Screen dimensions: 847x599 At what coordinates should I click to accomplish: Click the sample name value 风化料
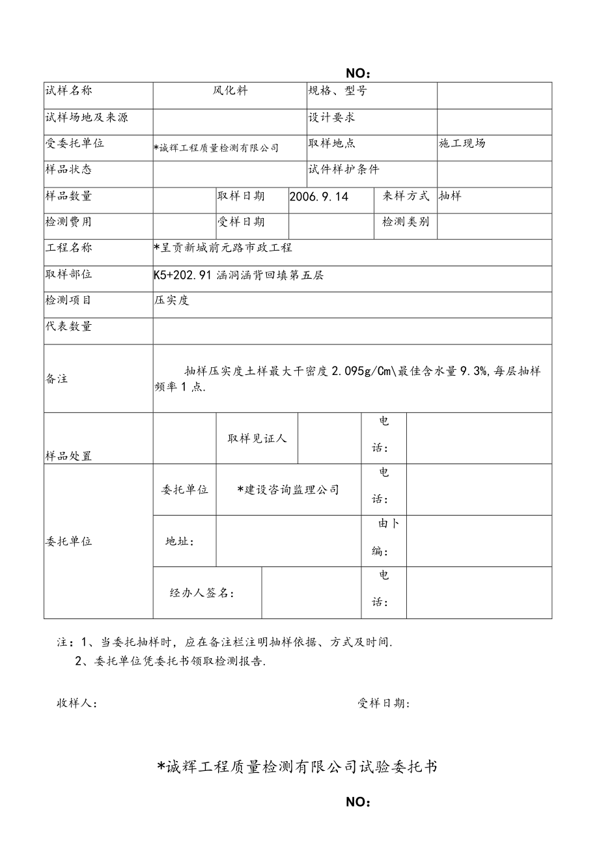coord(230,91)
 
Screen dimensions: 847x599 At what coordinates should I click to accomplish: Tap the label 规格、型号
coord(338,91)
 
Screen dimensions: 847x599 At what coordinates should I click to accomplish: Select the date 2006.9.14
coord(319,196)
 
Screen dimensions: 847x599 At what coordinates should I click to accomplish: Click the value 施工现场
coord(462,143)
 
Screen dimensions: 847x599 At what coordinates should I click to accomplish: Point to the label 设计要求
coord(332,117)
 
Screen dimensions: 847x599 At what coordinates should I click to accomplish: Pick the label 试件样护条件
coord(343,169)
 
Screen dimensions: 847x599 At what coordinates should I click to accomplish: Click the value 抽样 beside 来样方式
coord(450,196)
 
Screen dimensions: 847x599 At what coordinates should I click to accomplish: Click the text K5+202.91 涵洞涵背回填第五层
coord(238,275)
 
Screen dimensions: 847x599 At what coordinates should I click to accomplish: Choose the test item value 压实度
coord(171,300)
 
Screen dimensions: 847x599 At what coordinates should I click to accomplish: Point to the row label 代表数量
coord(68,327)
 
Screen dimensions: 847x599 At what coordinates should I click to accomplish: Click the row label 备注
coord(57,379)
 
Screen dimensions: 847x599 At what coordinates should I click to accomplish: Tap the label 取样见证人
coord(257,439)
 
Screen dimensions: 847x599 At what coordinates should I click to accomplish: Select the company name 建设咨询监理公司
coord(288,490)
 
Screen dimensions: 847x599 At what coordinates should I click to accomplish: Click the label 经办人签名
coord(202,593)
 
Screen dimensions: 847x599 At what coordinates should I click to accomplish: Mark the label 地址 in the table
coord(180,542)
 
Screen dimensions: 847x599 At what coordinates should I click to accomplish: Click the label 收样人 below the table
coord(77,704)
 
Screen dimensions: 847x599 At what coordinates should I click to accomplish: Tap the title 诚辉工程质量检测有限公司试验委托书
coord(298,767)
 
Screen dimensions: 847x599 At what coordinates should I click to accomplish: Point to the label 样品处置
coord(68,456)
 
